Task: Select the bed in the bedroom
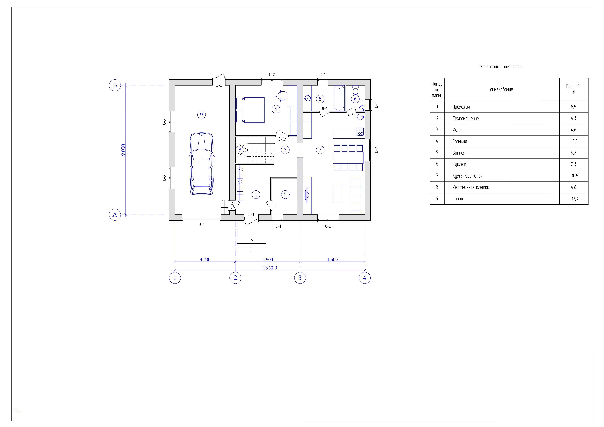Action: click(x=250, y=110)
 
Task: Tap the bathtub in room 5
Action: click(x=339, y=98)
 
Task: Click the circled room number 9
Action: click(x=201, y=115)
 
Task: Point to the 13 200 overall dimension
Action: click(x=270, y=268)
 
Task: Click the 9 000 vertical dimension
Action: click(x=123, y=150)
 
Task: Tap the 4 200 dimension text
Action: click(x=205, y=260)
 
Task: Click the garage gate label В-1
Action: click(x=201, y=225)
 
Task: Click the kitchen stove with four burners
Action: click(x=360, y=132)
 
